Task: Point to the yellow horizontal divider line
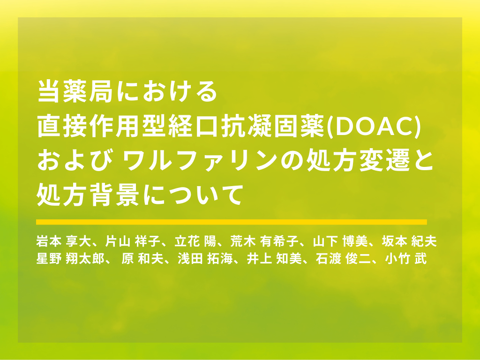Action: [232, 222]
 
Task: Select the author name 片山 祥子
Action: [133, 241]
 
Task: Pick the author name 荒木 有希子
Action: [264, 241]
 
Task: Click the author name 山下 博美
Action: [340, 241]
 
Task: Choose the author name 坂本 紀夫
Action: [409, 241]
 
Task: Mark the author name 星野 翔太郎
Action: [70, 259]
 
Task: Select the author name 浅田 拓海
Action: [205, 259]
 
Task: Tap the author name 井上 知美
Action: [274, 259]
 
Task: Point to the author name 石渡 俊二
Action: [344, 259]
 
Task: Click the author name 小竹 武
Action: [406, 259]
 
